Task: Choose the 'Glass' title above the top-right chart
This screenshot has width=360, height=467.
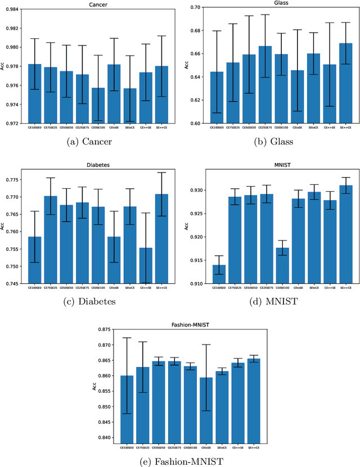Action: click(x=269, y=2)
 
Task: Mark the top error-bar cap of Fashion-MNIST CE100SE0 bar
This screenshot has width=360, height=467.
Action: click(x=127, y=338)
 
